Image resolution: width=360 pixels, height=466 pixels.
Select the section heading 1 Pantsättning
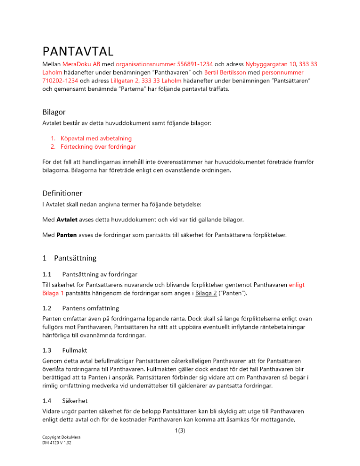(70, 257)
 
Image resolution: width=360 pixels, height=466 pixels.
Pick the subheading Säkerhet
(74, 401)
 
